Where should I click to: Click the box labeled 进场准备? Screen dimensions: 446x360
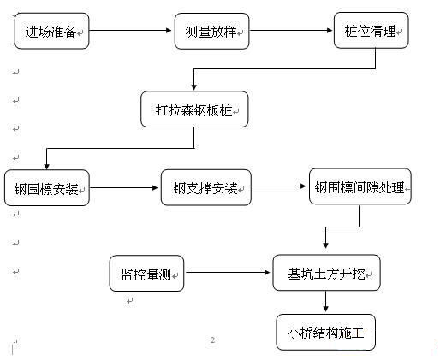tap(51, 31)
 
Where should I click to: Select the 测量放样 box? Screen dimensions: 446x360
tap(211, 31)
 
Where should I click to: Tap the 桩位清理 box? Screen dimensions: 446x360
tap(372, 30)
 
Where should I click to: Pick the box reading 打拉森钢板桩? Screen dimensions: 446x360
tap(194, 109)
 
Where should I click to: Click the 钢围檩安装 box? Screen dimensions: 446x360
tap(47, 188)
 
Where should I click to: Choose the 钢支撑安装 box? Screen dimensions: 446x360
tap(206, 187)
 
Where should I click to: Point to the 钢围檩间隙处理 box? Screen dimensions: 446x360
tap(360, 186)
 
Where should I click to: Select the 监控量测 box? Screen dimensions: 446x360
tap(146, 273)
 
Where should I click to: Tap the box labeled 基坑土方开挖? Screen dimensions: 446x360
tap(326, 273)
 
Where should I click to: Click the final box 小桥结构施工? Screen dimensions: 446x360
tap(326, 332)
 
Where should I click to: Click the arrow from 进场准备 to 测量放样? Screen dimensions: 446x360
tap(130, 30)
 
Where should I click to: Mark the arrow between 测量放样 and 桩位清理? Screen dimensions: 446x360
tap(291, 30)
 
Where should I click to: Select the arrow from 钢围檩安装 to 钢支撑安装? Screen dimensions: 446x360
tap(123, 187)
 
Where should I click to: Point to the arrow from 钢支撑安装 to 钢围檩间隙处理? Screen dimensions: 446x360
tap(279, 186)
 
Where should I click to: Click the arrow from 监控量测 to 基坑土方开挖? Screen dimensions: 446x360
tap(228, 273)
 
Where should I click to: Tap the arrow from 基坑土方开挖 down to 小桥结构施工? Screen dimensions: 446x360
tap(325, 301)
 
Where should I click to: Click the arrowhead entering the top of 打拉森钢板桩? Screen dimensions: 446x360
tap(194, 87)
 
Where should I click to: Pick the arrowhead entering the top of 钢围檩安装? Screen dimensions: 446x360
tap(47, 166)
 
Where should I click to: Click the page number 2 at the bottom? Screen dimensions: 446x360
tap(212, 339)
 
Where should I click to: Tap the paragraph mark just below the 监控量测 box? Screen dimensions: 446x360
tap(130, 301)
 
